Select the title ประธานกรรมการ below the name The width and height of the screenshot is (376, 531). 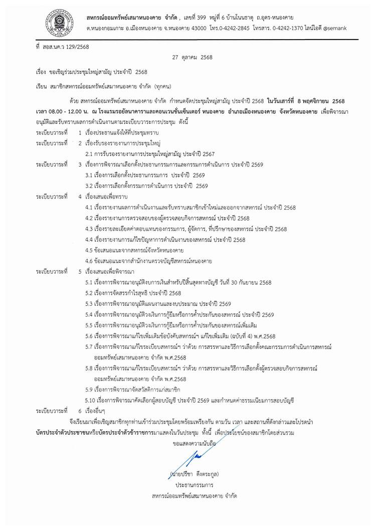pyautogui.click(x=195, y=485)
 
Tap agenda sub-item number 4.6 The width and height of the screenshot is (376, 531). pyautogui.click(x=90, y=260)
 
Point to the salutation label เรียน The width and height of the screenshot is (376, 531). pyautogui.click(x=42, y=86)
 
